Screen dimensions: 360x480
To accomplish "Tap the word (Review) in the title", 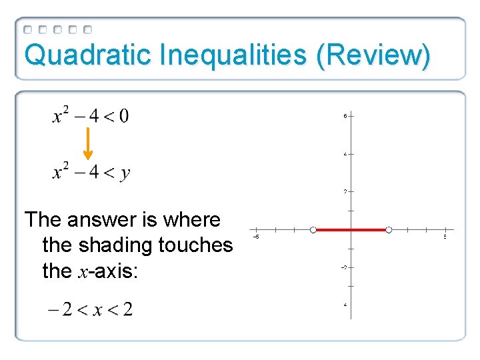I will [373, 55].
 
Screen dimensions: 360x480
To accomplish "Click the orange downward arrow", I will [88, 144].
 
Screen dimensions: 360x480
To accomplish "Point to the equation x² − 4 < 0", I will [91, 116].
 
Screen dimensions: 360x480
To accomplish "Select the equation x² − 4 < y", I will [91, 173].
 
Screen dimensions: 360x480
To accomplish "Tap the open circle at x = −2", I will [313, 230].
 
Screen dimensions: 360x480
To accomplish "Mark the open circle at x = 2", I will [389, 230].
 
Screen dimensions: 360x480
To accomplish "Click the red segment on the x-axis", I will [351, 230].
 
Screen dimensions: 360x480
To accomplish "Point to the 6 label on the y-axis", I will [345, 115].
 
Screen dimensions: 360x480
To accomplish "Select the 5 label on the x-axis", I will [445, 237].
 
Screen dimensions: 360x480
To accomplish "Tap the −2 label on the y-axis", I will [343, 267].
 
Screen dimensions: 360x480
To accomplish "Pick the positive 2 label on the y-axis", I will [345, 191].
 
